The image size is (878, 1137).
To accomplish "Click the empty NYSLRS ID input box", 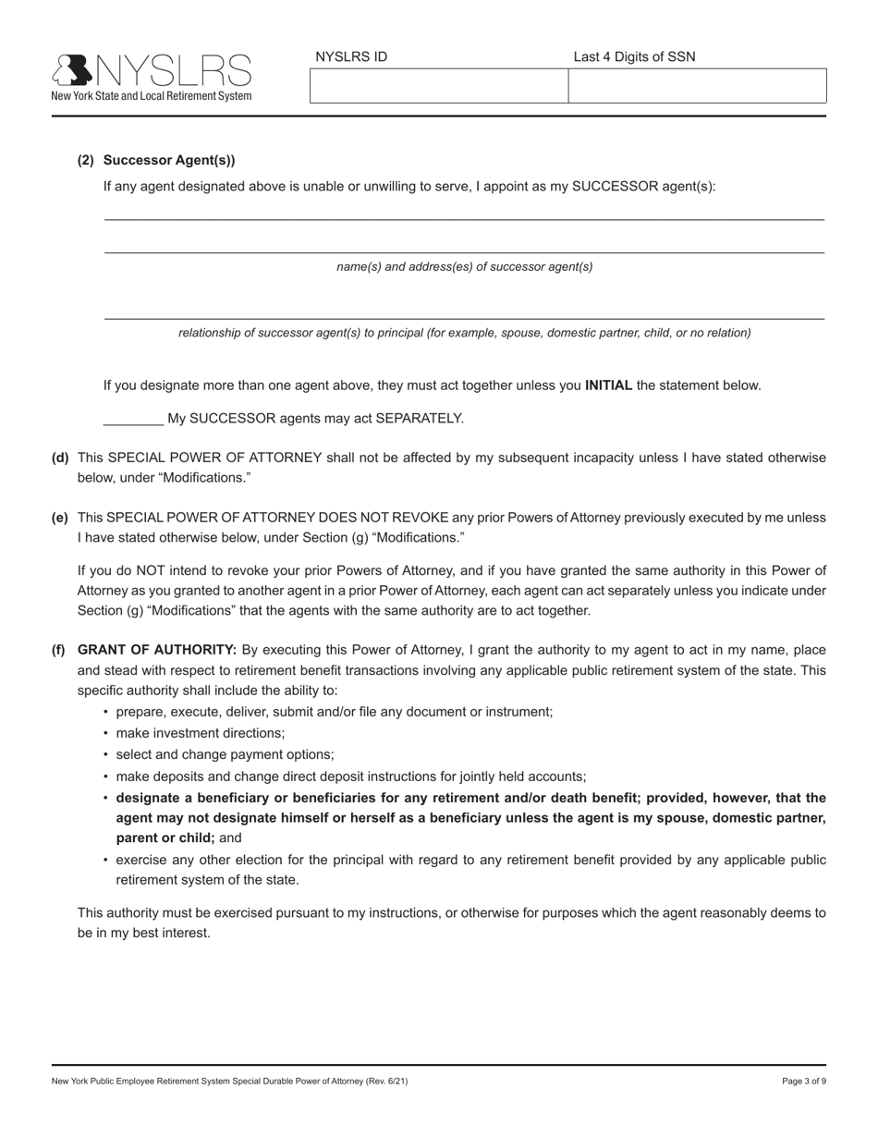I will (x=438, y=86).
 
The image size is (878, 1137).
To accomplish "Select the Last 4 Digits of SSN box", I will (x=697, y=86).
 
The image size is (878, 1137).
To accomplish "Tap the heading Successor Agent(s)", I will (x=169, y=160).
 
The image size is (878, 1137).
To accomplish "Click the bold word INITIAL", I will (x=608, y=385).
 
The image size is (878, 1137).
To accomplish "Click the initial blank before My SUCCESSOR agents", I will (x=133, y=419).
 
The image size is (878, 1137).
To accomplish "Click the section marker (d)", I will (x=60, y=458).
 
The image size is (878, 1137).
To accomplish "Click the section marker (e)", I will (x=60, y=518).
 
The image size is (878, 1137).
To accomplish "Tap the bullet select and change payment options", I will (x=225, y=754).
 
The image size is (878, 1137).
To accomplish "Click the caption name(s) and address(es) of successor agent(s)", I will (x=464, y=267).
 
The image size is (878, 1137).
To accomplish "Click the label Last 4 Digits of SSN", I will (x=634, y=56).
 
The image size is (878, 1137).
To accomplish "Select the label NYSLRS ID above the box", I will (x=351, y=56).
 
